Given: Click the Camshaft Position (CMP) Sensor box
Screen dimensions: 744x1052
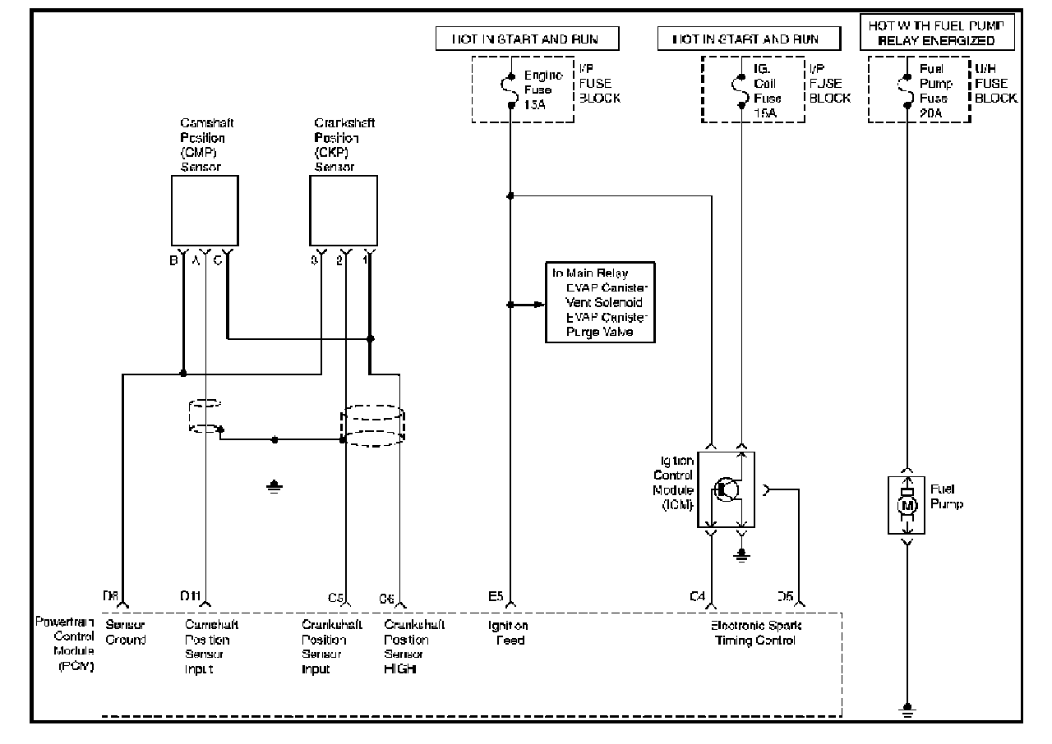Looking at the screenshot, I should [204, 210].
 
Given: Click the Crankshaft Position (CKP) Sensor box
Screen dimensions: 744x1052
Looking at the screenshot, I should [343, 210].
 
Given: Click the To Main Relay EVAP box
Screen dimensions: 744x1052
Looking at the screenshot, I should [601, 302].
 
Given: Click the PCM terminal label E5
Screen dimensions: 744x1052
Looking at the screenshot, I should [495, 596].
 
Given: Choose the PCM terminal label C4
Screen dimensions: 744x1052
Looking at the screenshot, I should [697, 596].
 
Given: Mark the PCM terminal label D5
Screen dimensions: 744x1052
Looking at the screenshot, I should [786, 596].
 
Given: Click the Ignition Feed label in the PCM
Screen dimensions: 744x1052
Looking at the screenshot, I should [510, 632].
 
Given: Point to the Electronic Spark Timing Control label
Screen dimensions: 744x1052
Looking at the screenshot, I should [756, 632].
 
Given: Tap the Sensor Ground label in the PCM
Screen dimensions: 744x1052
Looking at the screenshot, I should [126, 632].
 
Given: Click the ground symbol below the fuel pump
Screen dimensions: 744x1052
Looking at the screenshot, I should [907, 709].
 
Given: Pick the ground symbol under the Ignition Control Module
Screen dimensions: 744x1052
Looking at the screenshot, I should [741, 556].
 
